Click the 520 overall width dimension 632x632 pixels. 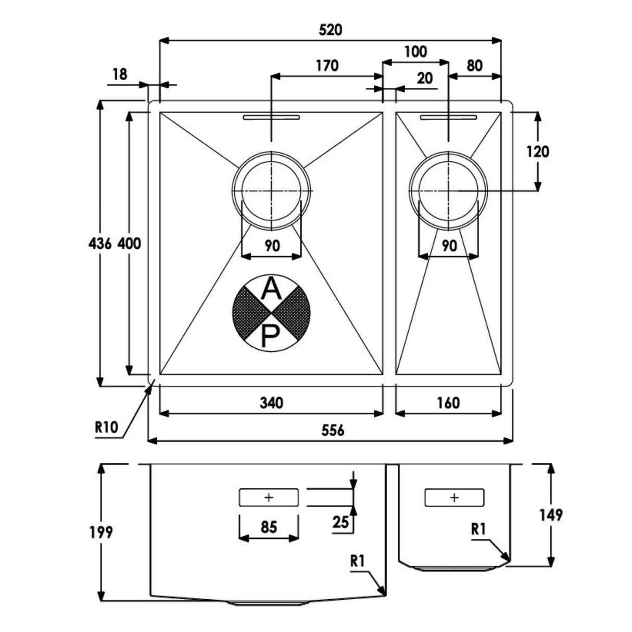331,30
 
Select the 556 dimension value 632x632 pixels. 333,431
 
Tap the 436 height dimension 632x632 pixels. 100,243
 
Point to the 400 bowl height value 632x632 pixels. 129,243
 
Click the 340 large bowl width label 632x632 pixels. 271,402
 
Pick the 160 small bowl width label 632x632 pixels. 448,402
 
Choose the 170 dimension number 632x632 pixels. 327,66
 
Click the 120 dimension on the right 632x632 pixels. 537,151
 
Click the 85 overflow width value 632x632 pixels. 269,527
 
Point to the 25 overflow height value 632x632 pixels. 341,522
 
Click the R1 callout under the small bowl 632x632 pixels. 478,529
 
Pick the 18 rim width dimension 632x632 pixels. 120,74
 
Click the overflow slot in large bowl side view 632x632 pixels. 269,498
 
